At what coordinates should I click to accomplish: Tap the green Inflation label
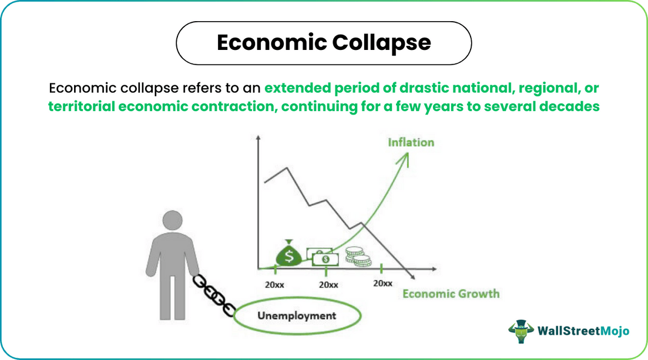[x=411, y=143]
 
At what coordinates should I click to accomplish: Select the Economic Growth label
[x=451, y=294]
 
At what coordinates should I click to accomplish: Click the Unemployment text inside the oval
[x=297, y=315]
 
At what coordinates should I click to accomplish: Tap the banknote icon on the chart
[x=320, y=257]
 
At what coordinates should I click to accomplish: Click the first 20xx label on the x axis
[x=274, y=284]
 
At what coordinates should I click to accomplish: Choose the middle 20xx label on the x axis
[x=328, y=284]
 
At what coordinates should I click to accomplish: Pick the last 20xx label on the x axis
[x=382, y=283]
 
